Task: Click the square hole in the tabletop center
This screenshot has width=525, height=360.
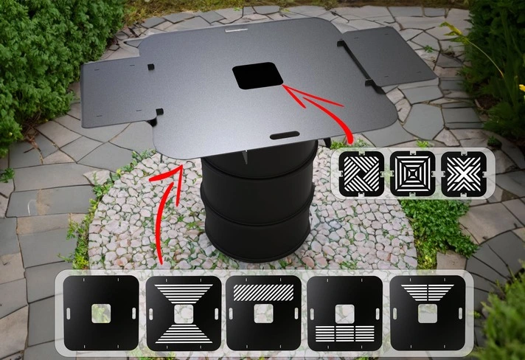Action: point(257,75)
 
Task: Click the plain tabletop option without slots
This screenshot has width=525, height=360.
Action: point(102,314)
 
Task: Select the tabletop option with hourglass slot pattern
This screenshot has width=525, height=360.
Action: point(184,314)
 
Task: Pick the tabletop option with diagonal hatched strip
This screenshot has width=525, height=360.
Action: point(264,314)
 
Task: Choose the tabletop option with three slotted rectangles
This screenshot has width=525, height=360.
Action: point(345,314)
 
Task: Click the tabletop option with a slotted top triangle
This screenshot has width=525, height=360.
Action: point(426,314)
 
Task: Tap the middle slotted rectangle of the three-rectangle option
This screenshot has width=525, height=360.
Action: point(345,333)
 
